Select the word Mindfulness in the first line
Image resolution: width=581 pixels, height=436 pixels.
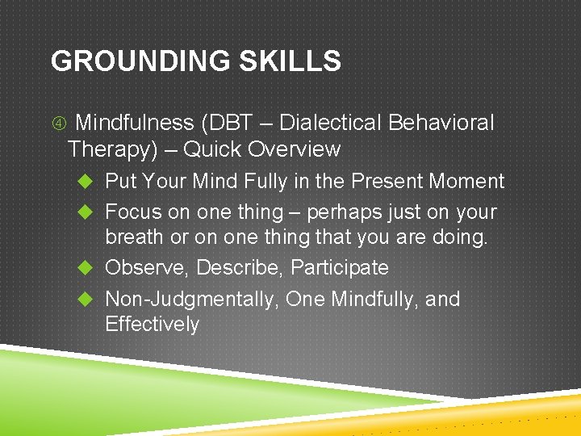pyautogui.click(x=134, y=123)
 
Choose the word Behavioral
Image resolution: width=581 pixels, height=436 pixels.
pyautogui.click(x=441, y=123)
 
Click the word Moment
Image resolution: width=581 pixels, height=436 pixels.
pyautogui.click(x=471, y=182)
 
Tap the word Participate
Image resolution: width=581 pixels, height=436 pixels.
pyautogui.click(x=340, y=267)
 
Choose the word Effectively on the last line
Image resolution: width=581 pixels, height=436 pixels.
pyautogui.click(x=152, y=325)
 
